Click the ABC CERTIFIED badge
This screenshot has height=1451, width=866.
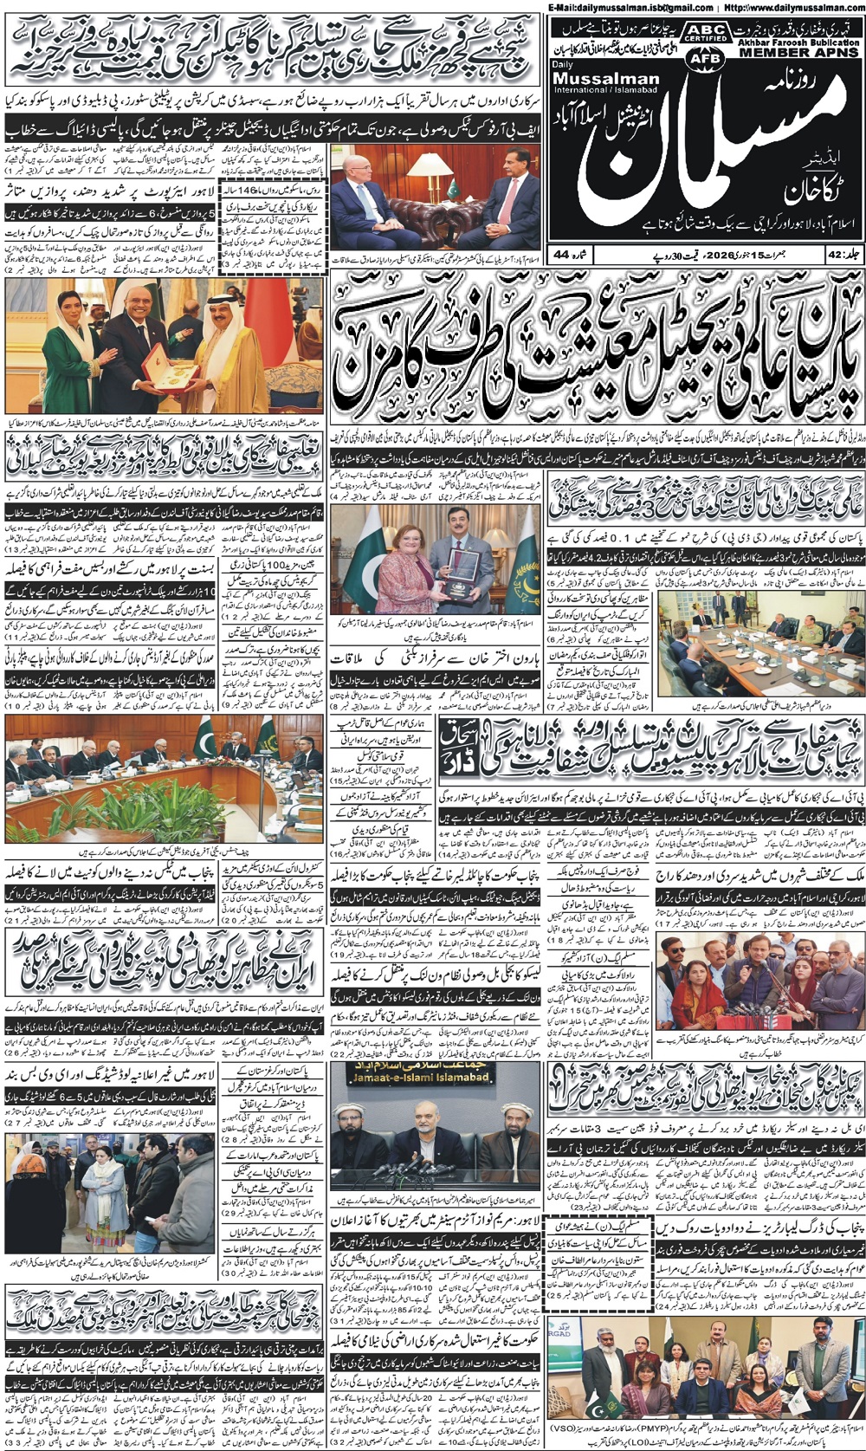(706, 33)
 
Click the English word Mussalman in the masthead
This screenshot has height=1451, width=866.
(605, 79)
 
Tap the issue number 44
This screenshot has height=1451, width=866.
(562, 255)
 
